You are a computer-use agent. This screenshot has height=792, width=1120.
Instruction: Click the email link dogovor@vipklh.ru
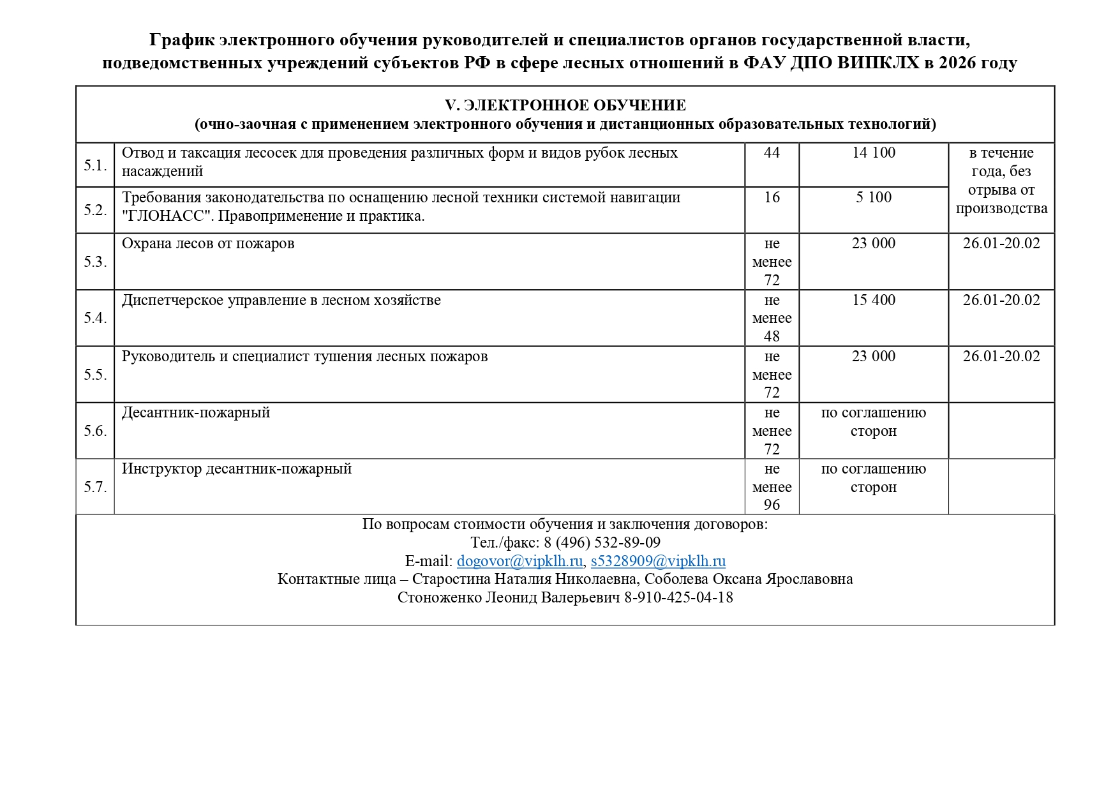(519, 561)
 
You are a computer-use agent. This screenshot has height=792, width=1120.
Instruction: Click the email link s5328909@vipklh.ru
(658, 561)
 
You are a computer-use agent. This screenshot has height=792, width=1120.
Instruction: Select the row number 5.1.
(95, 165)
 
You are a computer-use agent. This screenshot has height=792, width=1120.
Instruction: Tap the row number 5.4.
(95, 318)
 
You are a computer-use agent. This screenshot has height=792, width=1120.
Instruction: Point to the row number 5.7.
(95, 487)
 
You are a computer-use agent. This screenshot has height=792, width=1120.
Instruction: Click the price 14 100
(873, 153)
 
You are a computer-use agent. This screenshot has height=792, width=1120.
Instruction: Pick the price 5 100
(873, 197)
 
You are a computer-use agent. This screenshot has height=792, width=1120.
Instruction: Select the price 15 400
(873, 300)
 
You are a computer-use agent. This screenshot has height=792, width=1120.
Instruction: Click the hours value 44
(772, 153)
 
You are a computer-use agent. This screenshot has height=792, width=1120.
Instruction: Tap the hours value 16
(772, 197)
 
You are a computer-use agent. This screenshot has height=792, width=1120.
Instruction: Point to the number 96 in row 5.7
(772, 505)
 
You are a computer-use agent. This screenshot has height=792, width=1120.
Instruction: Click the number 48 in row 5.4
(772, 336)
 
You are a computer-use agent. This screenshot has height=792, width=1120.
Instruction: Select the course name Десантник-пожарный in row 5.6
(196, 413)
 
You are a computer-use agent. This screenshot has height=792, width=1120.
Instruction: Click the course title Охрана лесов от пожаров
(208, 244)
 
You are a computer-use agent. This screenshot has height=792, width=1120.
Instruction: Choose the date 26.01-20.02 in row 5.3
(1001, 244)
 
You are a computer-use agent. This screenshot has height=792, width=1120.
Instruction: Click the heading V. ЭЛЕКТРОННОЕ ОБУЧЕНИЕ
(565, 105)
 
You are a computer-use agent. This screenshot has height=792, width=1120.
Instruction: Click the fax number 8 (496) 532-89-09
(602, 542)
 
